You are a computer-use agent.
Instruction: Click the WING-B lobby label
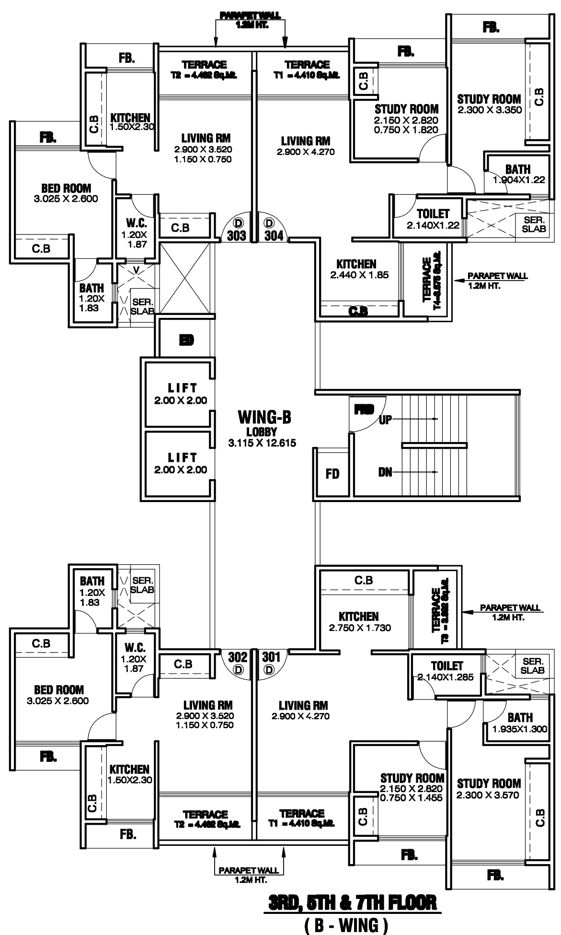click(x=264, y=417)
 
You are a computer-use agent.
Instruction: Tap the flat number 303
click(x=236, y=235)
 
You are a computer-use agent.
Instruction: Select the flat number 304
click(x=274, y=235)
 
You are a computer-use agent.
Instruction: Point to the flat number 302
click(x=238, y=656)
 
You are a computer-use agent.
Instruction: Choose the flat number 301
click(x=271, y=656)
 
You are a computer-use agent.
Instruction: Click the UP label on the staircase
click(x=385, y=420)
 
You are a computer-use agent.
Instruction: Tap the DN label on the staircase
click(x=385, y=472)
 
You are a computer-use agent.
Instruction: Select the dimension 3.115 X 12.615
click(x=262, y=443)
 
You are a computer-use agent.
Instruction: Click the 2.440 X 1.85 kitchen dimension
click(x=359, y=275)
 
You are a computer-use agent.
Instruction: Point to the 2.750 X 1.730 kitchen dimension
click(x=358, y=627)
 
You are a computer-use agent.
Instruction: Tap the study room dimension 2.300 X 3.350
click(x=489, y=110)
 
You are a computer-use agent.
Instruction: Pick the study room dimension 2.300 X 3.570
click(x=488, y=795)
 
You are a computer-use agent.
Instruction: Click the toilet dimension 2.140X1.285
click(x=446, y=678)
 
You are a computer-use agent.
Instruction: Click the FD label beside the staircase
click(x=332, y=474)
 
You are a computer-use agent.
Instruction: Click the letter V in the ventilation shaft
click(x=137, y=270)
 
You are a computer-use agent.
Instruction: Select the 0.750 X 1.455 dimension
click(x=412, y=798)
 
